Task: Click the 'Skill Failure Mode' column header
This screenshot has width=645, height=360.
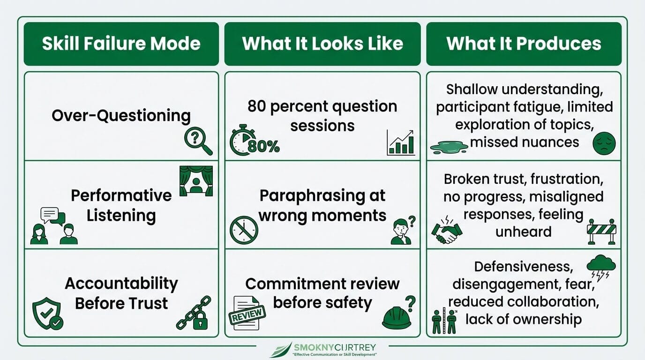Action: click(x=121, y=44)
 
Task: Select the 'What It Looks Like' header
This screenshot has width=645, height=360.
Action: click(x=322, y=44)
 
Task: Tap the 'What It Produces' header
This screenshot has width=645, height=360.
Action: click(x=524, y=44)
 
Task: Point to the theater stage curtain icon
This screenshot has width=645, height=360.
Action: click(x=196, y=180)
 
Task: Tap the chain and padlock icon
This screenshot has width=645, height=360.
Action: click(x=194, y=313)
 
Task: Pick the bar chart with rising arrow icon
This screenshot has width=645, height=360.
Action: click(x=401, y=142)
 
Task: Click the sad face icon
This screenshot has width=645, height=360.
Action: click(x=604, y=143)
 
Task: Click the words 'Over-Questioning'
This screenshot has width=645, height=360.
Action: click(x=121, y=115)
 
